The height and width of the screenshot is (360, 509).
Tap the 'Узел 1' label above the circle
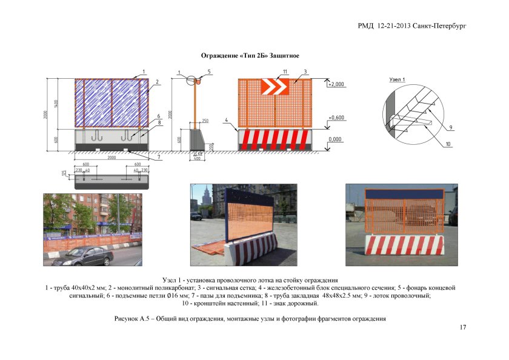[395, 80]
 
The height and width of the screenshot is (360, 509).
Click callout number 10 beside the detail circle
[448, 144]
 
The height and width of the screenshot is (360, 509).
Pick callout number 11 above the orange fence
[284, 72]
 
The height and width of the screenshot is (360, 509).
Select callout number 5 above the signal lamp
[208, 72]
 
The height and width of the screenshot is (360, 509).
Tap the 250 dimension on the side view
[205, 121]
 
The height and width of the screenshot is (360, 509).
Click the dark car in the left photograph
[84, 256]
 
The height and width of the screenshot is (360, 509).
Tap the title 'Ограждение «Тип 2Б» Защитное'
[250, 56]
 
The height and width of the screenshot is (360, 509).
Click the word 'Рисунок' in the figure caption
[126, 318]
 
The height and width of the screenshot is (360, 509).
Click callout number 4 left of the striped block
[227, 121]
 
